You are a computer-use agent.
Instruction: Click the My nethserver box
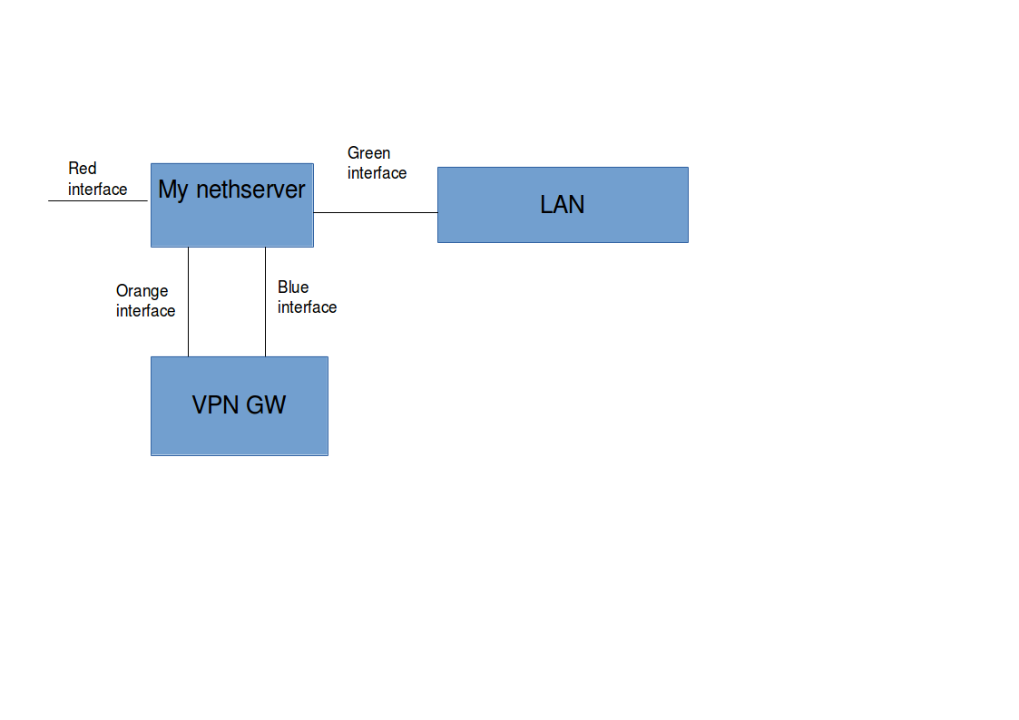pos(232,205)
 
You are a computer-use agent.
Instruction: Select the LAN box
pos(563,205)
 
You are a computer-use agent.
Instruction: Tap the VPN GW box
pos(240,406)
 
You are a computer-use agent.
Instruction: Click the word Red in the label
pos(83,169)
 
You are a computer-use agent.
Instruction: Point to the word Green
pos(368,153)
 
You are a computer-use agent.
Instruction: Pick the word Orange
pos(142,291)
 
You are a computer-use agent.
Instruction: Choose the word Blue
pos(293,287)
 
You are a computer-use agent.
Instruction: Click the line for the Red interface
pos(98,200)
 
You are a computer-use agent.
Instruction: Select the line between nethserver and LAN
pos(376,212)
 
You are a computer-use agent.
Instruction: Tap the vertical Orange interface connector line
pos(189,302)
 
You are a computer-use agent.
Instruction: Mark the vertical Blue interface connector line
pos(265,302)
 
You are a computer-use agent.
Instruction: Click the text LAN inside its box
pos(563,205)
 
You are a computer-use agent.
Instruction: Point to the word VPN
pos(215,405)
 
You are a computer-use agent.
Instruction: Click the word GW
pos(266,405)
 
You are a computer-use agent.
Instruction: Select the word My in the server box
pos(173,190)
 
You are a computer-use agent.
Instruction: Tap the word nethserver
pos(250,190)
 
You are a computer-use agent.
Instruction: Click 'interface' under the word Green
pos(377,173)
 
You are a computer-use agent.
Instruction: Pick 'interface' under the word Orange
pos(145,311)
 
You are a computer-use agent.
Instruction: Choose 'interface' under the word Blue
pos(307,307)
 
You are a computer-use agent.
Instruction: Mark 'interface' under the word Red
pos(97,190)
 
